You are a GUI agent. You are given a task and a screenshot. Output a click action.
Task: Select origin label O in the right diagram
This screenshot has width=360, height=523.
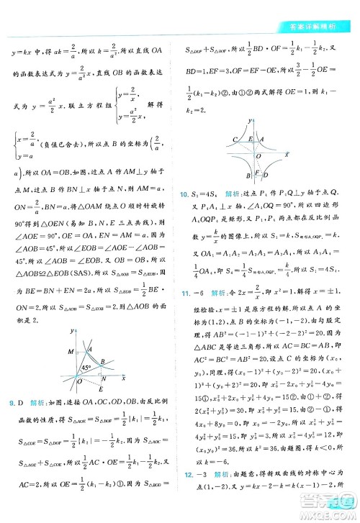[x=258, y=154]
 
